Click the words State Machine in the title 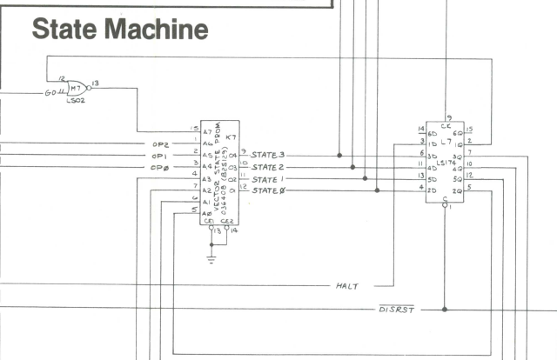[119, 30]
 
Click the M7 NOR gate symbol [75, 90]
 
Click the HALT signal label [348, 285]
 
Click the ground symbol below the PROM [211, 257]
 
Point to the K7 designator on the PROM [231, 138]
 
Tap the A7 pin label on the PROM [206, 130]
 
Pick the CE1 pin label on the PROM [208, 221]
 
